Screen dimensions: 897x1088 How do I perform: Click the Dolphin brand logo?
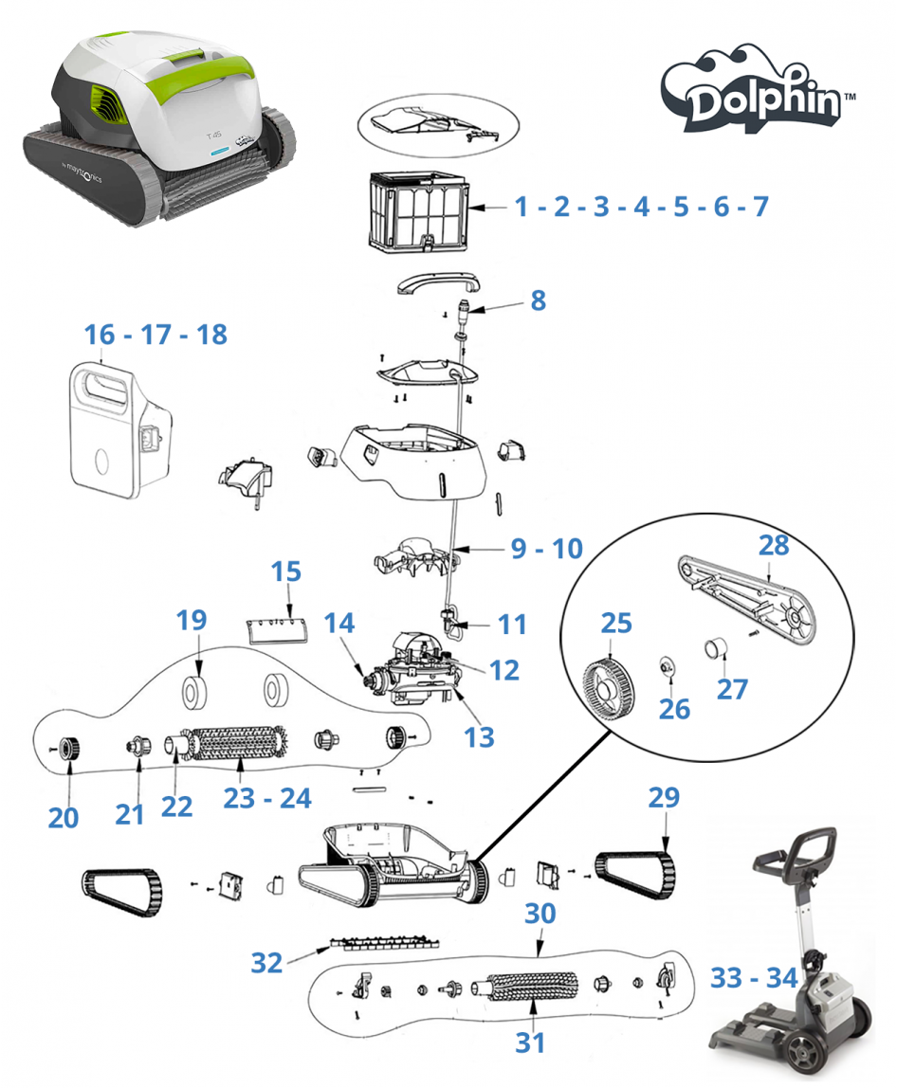[x=757, y=90]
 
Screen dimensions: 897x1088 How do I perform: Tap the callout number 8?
[x=538, y=300]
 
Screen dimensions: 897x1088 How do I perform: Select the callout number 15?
[x=286, y=571]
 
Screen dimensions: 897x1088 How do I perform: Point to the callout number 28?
[x=774, y=545]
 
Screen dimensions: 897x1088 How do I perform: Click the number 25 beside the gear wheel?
[x=615, y=623]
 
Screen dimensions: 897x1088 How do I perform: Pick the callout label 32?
[x=266, y=963]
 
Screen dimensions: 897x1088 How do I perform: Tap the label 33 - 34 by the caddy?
[x=754, y=978]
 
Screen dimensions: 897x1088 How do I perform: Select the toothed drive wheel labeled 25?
[x=608, y=693]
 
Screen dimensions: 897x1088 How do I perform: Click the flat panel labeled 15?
[x=278, y=630]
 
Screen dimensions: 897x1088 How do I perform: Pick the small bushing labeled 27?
[x=717, y=648]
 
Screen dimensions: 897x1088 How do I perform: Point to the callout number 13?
[x=479, y=737]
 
